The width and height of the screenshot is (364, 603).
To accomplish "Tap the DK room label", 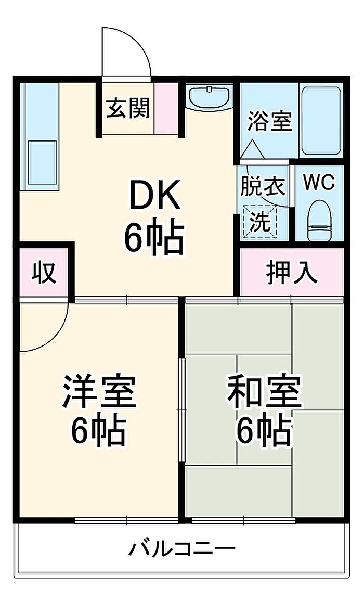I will click(154, 196).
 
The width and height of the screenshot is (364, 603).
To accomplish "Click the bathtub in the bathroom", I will click(321, 120).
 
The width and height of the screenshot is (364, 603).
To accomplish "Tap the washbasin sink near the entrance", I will click(209, 97).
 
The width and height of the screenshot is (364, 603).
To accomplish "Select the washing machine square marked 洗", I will click(260, 222).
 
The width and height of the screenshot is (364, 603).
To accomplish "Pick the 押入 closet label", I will click(292, 273).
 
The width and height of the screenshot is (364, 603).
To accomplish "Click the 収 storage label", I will click(44, 273).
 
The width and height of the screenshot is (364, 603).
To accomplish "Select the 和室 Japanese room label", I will click(264, 391).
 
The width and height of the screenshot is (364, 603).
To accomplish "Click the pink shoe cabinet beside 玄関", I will click(166, 108).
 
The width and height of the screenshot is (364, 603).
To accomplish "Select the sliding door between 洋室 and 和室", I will click(181, 409).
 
